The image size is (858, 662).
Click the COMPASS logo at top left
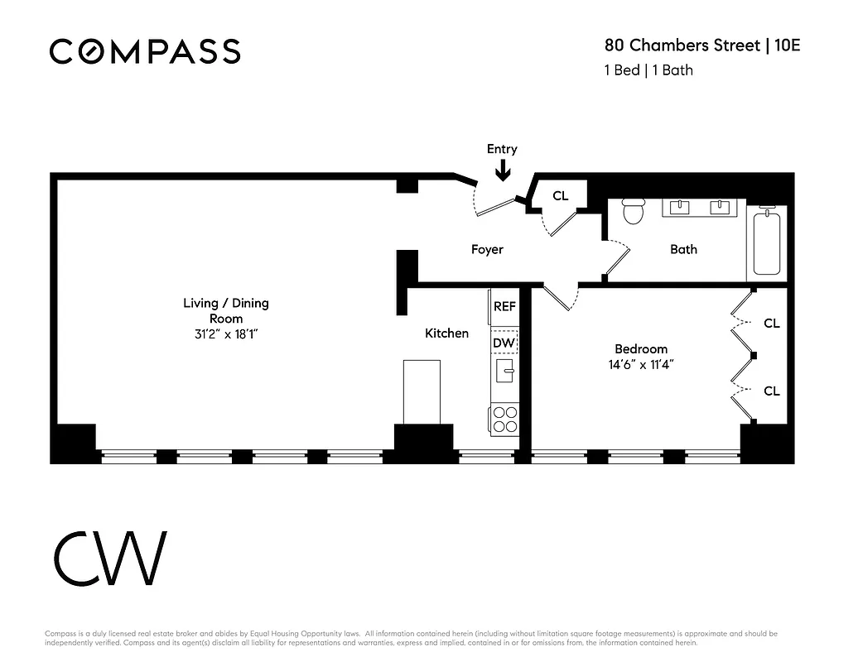click(145, 51)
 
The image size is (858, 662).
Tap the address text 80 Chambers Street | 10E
click(702, 45)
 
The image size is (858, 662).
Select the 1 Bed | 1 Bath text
click(648, 70)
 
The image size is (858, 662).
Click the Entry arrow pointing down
click(503, 170)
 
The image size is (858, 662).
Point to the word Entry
click(502, 149)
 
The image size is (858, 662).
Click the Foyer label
click(487, 249)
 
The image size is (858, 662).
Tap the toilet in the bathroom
click(634, 212)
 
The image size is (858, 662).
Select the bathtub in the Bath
click(766, 242)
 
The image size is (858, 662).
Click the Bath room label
click(683, 249)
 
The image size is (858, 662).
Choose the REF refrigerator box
click(504, 306)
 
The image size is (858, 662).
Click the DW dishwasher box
click(504, 342)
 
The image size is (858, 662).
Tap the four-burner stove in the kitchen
click(504, 420)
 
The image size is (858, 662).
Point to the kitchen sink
click(504, 369)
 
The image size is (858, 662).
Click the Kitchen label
click(446, 333)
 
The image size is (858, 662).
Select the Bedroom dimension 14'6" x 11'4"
click(641, 364)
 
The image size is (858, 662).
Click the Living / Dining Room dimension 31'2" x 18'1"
click(226, 334)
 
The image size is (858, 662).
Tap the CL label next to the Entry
click(561, 196)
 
